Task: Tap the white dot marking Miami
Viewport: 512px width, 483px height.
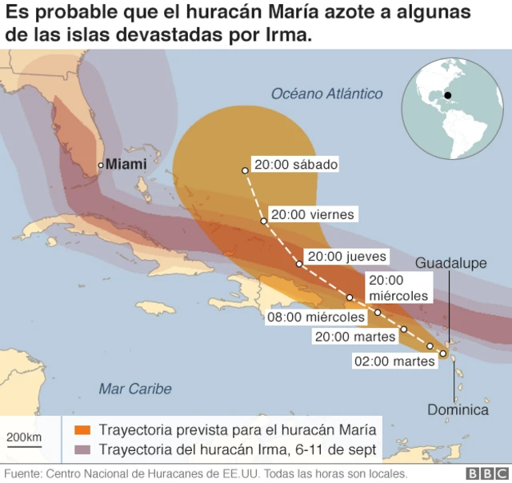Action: pos(100,165)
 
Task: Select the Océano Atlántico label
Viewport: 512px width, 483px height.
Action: pos(326,94)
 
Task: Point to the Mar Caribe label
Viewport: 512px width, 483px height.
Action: pos(134,389)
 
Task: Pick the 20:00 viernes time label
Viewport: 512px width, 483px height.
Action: pos(312,214)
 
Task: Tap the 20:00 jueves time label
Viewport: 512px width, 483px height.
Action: pos(347,257)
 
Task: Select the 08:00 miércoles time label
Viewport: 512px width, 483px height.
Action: pos(316,317)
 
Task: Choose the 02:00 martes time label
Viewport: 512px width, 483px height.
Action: pos(395,361)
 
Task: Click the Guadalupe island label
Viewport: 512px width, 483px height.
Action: pos(451,263)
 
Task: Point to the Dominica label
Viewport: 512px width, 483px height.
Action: pos(458,410)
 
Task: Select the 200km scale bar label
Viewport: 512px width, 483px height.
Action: pos(24,437)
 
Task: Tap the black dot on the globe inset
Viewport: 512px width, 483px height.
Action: pos(448,96)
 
